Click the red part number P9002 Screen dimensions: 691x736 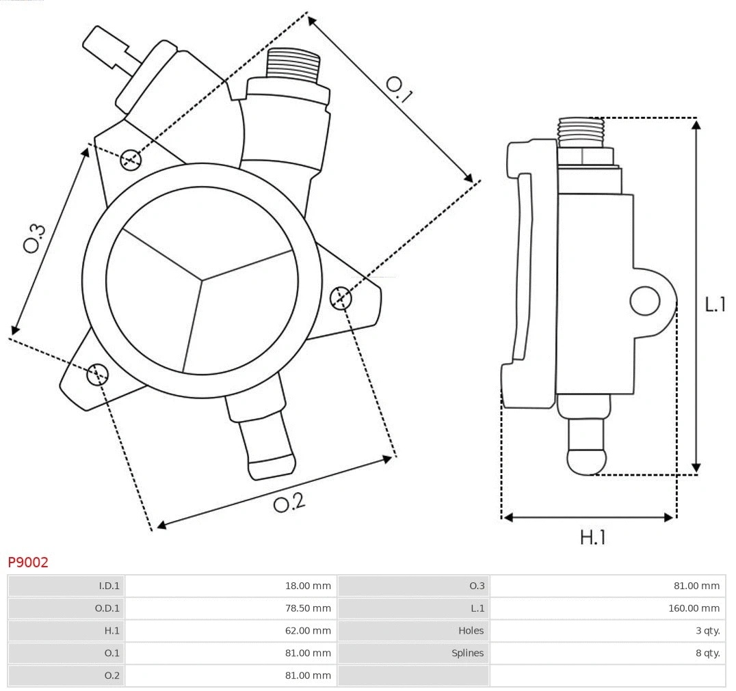(x=28, y=562)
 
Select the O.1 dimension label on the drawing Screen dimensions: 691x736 (x=399, y=90)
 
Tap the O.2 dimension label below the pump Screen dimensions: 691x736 (x=289, y=503)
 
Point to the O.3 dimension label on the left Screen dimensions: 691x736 (x=34, y=238)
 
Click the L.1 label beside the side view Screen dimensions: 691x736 (x=715, y=304)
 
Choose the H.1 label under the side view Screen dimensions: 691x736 (x=592, y=538)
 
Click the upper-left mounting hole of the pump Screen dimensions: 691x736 (x=130, y=160)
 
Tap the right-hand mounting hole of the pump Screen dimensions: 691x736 (x=340, y=298)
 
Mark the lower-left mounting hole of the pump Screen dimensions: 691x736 (x=97, y=373)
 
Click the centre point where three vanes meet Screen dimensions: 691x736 (x=202, y=279)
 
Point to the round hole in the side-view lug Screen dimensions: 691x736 (x=644, y=301)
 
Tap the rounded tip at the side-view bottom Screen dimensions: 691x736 (x=586, y=461)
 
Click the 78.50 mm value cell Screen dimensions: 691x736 (x=308, y=608)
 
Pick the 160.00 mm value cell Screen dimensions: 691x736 (x=694, y=608)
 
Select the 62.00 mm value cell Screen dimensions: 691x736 (x=308, y=630)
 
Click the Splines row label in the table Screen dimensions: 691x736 (x=467, y=653)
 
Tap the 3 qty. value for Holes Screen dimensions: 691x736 (x=707, y=630)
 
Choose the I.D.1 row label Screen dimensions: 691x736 (x=109, y=585)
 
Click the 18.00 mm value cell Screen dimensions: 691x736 (x=308, y=585)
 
